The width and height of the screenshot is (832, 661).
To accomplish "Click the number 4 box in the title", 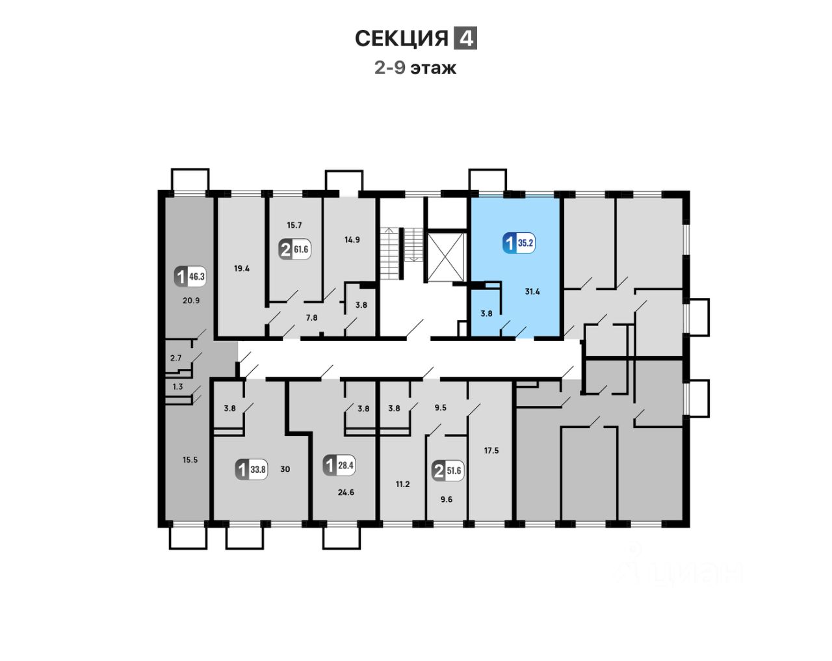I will [465, 38].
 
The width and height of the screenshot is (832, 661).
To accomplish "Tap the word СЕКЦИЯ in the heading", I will [402, 39].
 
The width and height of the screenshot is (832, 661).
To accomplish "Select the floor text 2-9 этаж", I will [415, 68].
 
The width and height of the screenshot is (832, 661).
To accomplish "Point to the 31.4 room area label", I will [532, 292].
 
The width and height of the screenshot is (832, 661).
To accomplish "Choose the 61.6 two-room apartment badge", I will [294, 249].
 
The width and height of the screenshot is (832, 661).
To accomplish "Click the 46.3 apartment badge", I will [190, 277].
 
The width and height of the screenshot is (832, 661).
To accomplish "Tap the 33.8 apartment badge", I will [252, 469].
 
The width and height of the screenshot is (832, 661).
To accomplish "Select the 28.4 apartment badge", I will [340, 465].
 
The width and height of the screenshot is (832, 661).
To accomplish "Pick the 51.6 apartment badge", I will [448, 470].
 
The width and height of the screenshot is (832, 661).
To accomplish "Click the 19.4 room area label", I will [242, 268].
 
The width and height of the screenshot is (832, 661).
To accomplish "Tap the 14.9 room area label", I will [352, 239].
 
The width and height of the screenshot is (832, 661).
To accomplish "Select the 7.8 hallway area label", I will [312, 317].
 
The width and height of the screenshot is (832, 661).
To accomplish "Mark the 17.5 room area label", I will [491, 450].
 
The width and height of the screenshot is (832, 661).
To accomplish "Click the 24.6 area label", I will [346, 492].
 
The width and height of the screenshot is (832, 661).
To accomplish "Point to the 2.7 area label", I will [175, 358].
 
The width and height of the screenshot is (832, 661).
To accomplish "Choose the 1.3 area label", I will [177, 386].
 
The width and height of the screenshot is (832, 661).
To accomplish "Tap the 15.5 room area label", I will [190, 460].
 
